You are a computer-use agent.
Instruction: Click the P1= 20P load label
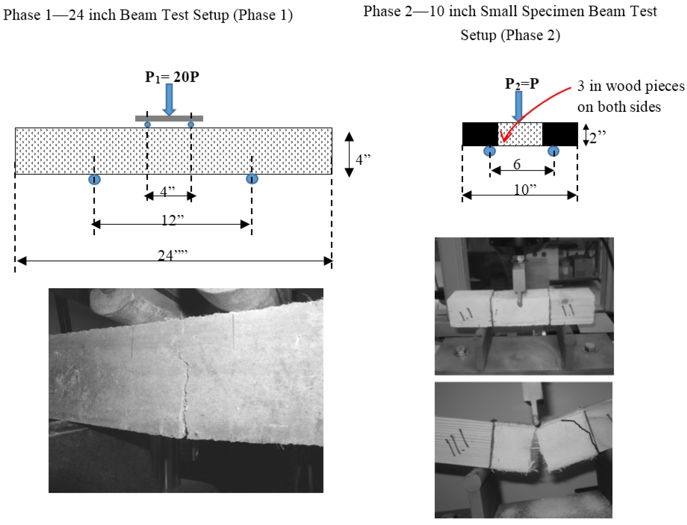[x=172, y=77]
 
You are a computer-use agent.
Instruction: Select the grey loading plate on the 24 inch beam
[x=169, y=118]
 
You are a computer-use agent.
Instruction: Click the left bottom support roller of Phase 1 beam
[x=94, y=179]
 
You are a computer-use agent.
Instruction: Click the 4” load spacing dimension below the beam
[x=167, y=192]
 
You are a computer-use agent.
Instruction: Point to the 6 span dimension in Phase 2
[x=517, y=164]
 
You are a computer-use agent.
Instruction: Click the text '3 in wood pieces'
[x=631, y=86]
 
